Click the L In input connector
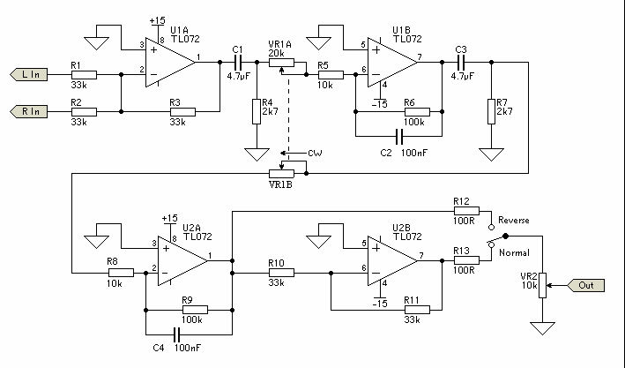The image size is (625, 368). tap(29, 75)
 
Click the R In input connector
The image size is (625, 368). tap(29, 111)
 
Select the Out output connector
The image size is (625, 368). tap(586, 285)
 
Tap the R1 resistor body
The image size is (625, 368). tap(84, 75)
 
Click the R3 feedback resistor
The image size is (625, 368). tap(183, 112)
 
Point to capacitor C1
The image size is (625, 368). tap(238, 63)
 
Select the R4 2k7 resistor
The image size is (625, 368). tap(257, 111)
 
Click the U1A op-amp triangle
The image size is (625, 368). tap(170, 63)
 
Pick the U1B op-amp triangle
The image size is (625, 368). tap(392, 63)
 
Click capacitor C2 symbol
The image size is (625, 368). tap(399, 136)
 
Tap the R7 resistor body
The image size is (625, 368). tap(492, 111)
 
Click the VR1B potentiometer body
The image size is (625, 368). tap(282, 174)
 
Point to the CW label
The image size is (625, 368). tap(315, 154)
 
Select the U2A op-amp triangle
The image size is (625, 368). tap(182, 260)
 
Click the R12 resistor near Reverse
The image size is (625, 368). tap(466, 211)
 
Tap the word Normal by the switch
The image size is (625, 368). tap(514, 252)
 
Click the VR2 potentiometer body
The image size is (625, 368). tap(542, 285)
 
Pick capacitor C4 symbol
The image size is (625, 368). tap(177, 334)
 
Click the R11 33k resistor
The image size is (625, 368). tap(417, 310)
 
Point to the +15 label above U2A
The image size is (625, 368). tap(170, 219)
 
